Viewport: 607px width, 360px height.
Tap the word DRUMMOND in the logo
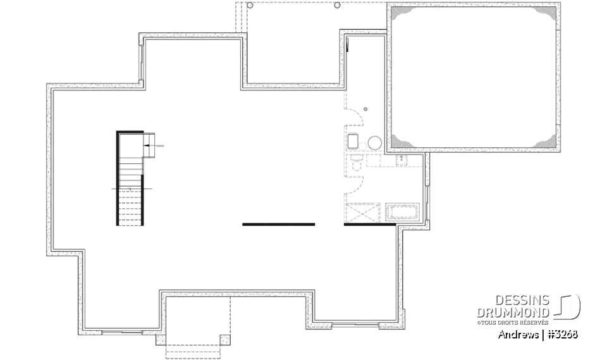513,313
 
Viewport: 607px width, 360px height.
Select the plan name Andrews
518,334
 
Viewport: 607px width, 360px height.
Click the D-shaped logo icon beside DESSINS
568,306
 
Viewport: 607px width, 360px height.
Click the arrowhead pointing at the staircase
147,146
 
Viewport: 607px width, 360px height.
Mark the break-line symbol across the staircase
130,189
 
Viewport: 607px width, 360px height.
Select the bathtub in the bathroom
403,211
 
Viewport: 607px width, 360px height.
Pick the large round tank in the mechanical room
375,142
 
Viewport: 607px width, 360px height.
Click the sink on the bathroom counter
401,160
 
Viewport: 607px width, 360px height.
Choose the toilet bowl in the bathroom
355,166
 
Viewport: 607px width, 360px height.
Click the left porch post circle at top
250,5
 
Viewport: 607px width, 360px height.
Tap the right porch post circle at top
337,5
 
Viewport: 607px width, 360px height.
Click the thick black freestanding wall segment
278,224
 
